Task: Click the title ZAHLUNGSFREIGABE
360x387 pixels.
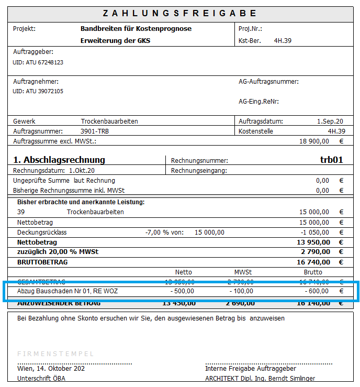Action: [x=179, y=13]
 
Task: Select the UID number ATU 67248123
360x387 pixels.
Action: [x=38, y=62]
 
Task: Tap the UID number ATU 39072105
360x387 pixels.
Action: [x=38, y=91]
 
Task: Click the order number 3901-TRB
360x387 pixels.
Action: [x=95, y=131]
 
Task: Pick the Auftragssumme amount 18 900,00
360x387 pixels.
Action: [x=314, y=141]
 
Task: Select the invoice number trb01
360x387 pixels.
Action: [x=331, y=160]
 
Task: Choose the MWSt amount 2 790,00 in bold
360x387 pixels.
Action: [x=313, y=252]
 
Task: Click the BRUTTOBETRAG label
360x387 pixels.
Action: [x=42, y=262]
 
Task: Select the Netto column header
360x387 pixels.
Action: [x=184, y=272]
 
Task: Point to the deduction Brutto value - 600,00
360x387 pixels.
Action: [x=317, y=291]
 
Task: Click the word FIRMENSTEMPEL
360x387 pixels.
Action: [x=55, y=354]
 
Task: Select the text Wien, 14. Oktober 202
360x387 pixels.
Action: [x=50, y=368]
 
